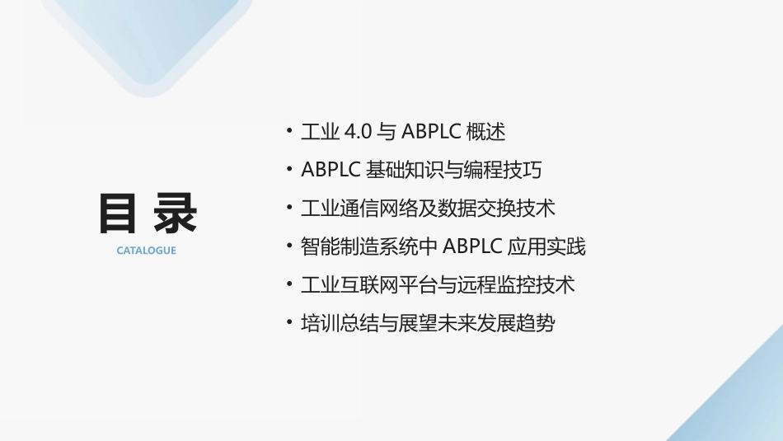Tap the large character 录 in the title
click(x=176, y=214)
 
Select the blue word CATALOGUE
click(x=146, y=251)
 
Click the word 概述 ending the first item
click(x=485, y=132)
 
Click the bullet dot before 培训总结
click(x=288, y=321)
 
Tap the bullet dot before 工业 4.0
click(x=288, y=130)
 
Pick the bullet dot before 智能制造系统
click(x=288, y=245)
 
